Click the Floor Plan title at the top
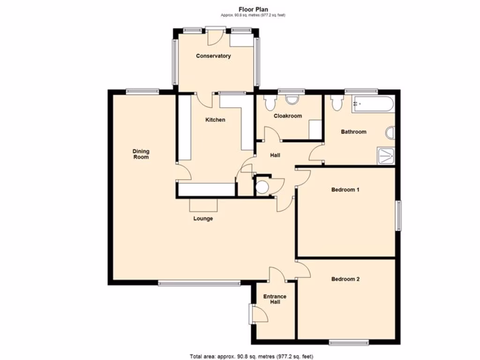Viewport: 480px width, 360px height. (x=240, y=8)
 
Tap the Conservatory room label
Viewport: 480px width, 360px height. (x=213, y=56)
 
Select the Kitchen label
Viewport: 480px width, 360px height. (x=215, y=120)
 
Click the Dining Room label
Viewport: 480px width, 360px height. (x=141, y=154)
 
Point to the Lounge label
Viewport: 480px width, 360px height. (x=203, y=218)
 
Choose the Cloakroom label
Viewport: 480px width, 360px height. (x=287, y=116)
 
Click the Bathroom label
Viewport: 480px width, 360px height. (x=353, y=132)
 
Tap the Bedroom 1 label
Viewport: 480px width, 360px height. (x=345, y=190)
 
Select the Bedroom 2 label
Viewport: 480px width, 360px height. (x=345, y=279)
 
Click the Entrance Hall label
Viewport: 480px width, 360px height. (x=275, y=299)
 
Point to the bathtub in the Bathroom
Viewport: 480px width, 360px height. (x=373, y=104)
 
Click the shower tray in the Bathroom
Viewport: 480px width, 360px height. (x=386, y=156)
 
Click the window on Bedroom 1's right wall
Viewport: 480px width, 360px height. (x=399, y=216)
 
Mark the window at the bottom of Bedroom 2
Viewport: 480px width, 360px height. (x=347, y=343)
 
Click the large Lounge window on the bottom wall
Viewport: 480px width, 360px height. (x=199, y=283)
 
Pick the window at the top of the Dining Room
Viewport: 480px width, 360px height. (x=142, y=91)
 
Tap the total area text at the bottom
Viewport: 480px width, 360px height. (x=240, y=355)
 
